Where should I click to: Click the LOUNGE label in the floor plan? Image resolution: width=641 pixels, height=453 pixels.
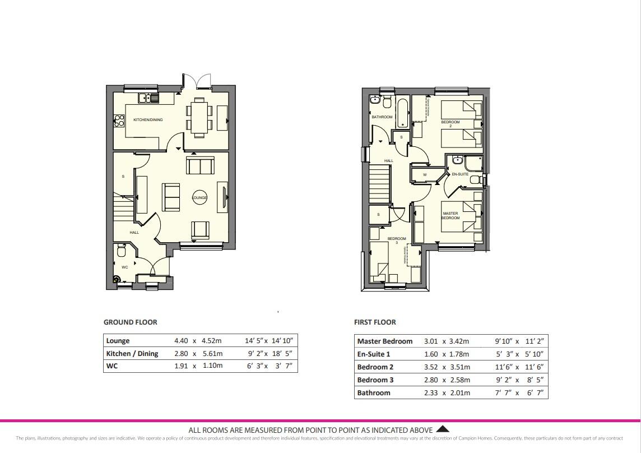pyautogui.click(x=199, y=198)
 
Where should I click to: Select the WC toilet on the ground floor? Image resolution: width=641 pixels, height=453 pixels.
pyautogui.click(x=122, y=251)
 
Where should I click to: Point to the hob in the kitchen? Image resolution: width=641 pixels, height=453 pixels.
pyautogui.click(x=119, y=119)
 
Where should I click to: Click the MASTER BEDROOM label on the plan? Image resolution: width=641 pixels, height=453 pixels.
pyautogui.click(x=450, y=215)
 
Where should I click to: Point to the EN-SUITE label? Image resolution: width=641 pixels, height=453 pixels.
pyautogui.click(x=459, y=174)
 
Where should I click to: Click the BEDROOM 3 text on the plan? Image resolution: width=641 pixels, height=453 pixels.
pyautogui.click(x=397, y=241)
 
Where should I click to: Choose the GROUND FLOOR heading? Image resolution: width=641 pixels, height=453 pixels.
pyautogui.click(x=130, y=322)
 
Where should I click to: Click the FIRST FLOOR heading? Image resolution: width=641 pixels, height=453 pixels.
pyautogui.click(x=375, y=322)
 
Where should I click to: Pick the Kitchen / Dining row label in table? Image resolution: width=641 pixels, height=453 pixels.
pyautogui.click(x=132, y=354)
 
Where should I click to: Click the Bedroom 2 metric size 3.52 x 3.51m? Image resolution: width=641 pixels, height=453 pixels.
pyautogui.click(x=447, y=367)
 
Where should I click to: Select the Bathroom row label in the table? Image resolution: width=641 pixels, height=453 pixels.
pyautogui.click(x=374, y=392)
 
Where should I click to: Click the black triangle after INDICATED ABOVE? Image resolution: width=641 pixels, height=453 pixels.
pyautogui.click(x=442, y=429)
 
